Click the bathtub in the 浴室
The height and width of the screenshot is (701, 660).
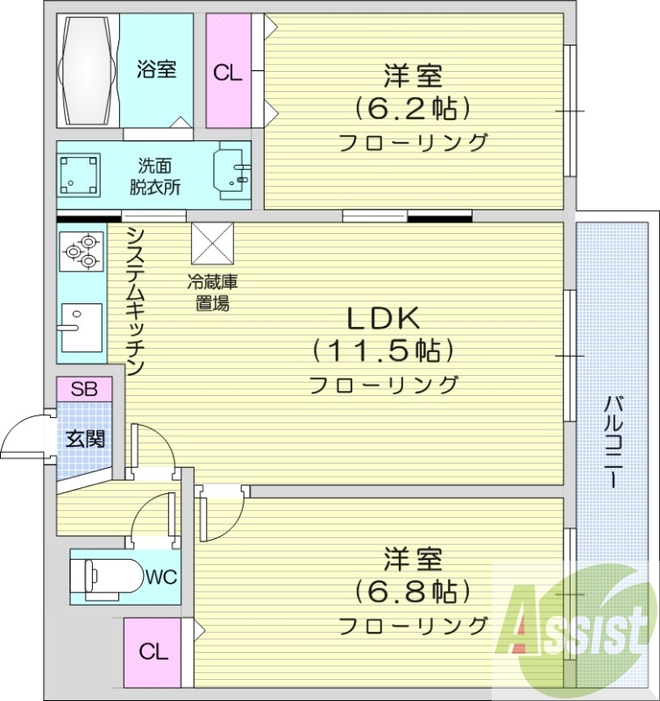(87, 69)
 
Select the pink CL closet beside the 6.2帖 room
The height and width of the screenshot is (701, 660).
(228, 72)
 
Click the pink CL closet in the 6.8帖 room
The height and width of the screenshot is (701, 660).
(153, 652)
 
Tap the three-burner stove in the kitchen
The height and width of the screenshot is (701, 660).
(81, 251)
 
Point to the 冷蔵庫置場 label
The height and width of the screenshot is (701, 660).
(211, 294)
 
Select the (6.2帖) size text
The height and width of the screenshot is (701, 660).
(413, 109)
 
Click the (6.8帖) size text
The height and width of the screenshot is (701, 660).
(412, 591)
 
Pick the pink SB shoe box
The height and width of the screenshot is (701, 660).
(84, 388)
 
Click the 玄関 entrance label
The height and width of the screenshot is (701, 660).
(85, 438)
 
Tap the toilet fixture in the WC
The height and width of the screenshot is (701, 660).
(109, 577)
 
